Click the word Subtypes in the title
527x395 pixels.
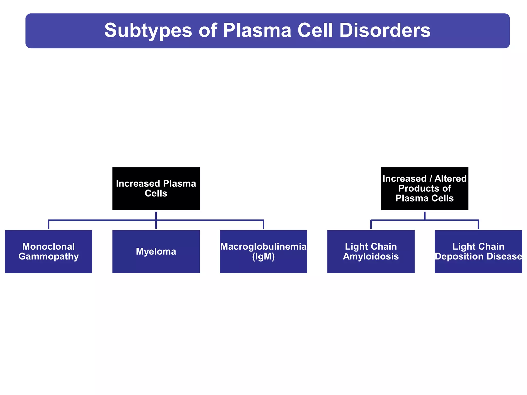(x=148, y=31)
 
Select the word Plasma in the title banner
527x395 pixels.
(x=257, y=31)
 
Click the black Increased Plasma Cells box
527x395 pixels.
(x=156, y=188)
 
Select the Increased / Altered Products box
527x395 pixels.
(x=425, y=188)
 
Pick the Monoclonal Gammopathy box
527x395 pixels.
(x=48, y=252)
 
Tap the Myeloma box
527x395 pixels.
(x=156, y=252)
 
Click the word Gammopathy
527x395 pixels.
(x=48, y=256)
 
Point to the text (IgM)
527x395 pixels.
(x=263, y=256)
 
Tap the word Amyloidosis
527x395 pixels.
(x=371, y=256)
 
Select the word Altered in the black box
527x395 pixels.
(x=450, y=178)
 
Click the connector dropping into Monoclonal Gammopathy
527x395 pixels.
(x=48, y=225)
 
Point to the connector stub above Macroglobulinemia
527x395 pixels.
(x=263, y=225)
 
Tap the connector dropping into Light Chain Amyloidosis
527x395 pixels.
(x=371, y=225)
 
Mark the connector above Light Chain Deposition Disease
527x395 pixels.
(x=478, y=225)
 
